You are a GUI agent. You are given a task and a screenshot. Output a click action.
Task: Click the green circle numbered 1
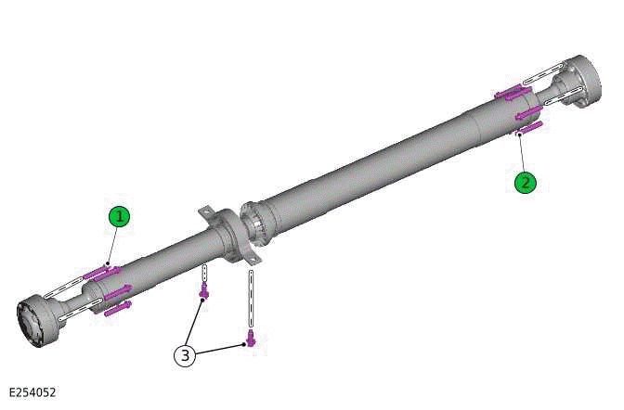(x=118, y=217)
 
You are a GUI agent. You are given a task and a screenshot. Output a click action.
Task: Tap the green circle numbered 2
(x=526, y=182)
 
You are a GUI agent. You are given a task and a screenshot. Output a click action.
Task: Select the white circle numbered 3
(x=185, y=355)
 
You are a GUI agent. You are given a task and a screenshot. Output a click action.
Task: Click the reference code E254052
(x=32, y=392)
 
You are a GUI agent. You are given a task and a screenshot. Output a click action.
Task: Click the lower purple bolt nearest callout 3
(x=249, y=339)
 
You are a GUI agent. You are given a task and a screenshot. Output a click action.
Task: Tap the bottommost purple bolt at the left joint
(x=117, y=308)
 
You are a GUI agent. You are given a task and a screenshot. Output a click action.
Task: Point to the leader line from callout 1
(x=112, y=246)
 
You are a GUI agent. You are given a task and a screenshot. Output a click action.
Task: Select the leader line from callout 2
(x=521, y=154)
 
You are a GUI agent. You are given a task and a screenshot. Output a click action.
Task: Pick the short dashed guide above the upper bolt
(x=204, y=275)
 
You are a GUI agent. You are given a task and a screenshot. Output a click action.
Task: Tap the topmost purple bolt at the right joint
(x=509, y=92)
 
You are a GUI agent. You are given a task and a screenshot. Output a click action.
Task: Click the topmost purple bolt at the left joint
(x=102, y=272)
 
